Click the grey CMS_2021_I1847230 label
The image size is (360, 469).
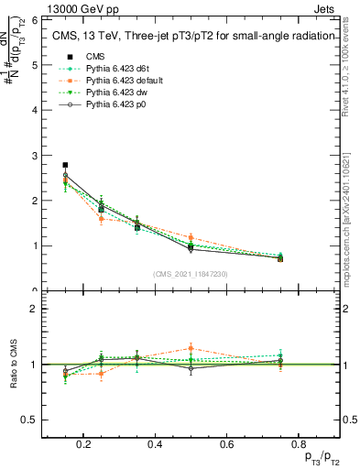click(191, 274)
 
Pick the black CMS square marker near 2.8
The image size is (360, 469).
click(65, 165)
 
